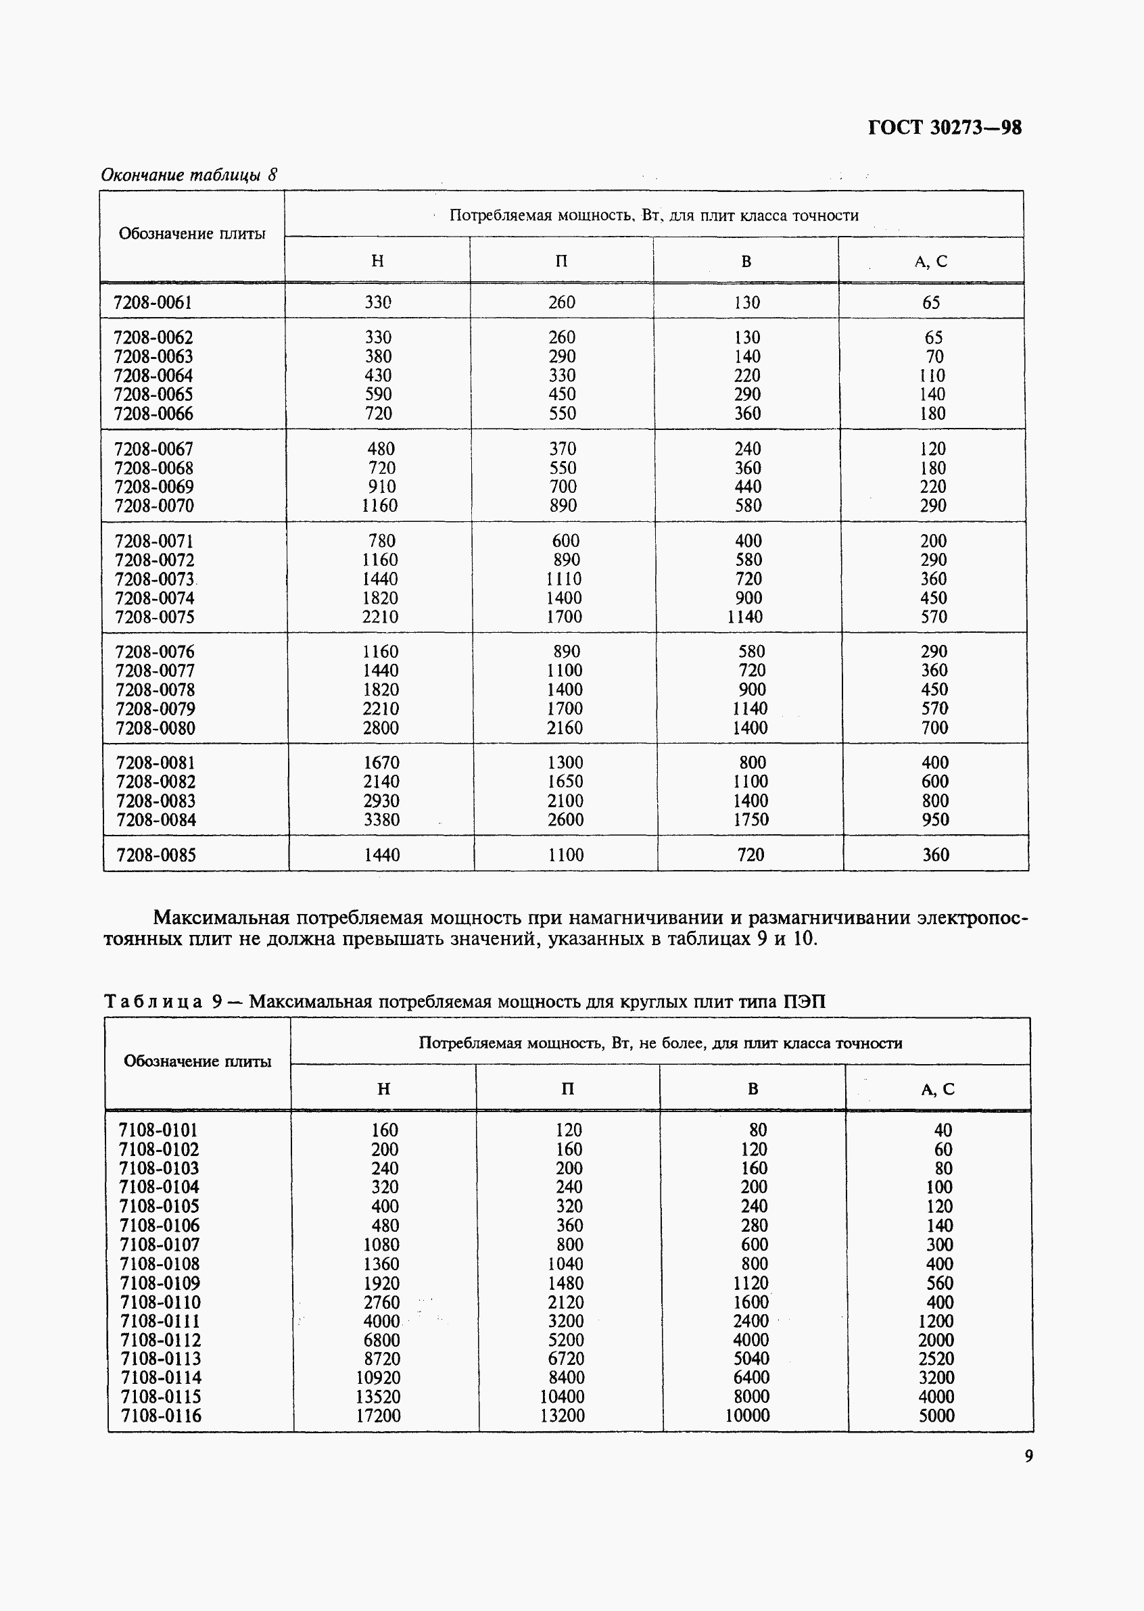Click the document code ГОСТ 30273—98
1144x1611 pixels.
944,128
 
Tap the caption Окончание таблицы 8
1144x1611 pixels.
189,174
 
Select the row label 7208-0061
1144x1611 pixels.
153,302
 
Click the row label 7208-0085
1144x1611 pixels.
156,855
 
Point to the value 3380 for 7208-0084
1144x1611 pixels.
381,819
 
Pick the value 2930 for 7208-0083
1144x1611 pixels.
381,801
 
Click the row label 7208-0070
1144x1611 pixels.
154,506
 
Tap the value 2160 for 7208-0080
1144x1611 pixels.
565,727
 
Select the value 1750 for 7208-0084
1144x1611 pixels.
750,819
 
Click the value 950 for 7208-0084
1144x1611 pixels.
935,819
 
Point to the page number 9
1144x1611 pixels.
1028,1456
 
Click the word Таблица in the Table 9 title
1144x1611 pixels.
153,1002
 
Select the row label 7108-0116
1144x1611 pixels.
161,1415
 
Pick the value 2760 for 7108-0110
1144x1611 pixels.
381,1303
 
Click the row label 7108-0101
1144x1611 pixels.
158,1130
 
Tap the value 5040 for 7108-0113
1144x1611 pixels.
751,1358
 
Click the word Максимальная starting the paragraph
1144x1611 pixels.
221,918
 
